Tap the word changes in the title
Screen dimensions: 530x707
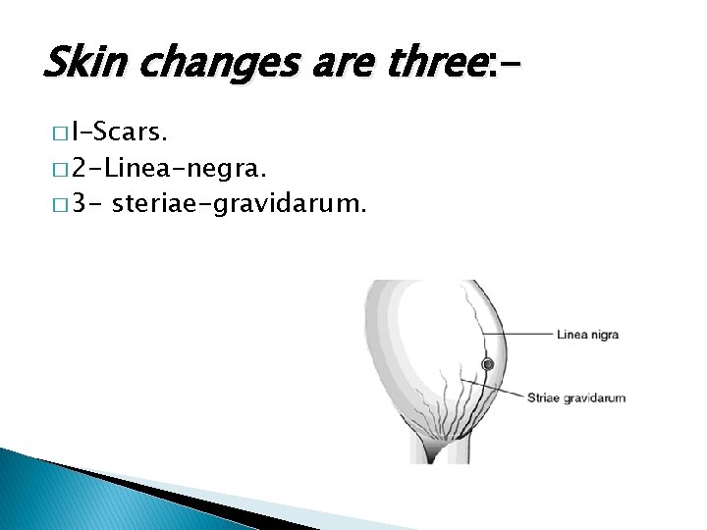tap(196, 65)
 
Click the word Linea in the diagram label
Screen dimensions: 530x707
tap(571, 335)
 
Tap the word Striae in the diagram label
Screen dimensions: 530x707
tap(544, 397)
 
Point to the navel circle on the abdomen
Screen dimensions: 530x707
tap(487, 365)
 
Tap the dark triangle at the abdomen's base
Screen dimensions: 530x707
tap(432, 450)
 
